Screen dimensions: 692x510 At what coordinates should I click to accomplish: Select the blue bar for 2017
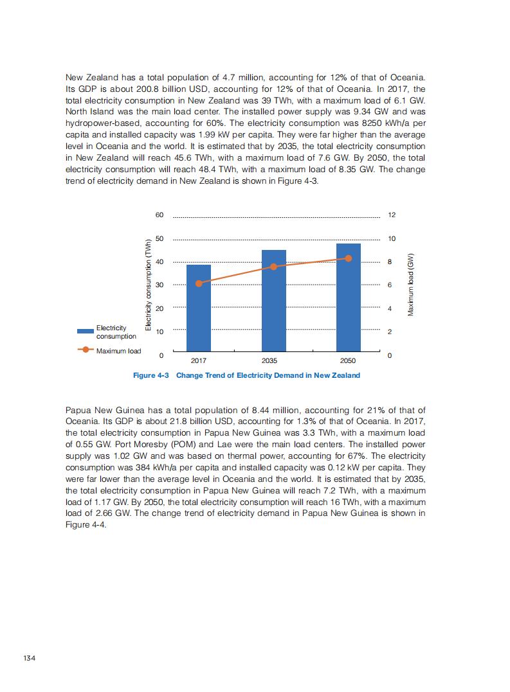[198, 308]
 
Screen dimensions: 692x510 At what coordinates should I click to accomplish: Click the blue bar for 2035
[273, 302]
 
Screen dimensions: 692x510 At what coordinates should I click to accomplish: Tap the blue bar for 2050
[349, 299]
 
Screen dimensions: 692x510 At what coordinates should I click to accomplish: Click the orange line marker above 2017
[199, 283]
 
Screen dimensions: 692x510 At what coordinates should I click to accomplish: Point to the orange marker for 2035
[273, 267]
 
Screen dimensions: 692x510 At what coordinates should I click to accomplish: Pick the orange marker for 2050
[349, 258]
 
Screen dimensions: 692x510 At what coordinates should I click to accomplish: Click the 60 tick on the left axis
[159, 215]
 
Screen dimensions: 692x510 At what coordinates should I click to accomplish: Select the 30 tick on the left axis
[159, 285]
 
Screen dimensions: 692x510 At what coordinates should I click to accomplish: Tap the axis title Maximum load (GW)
[410, 284]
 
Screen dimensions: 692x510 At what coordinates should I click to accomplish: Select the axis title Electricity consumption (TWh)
[149, 285]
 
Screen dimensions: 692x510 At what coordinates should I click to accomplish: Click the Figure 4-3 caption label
[150, 375]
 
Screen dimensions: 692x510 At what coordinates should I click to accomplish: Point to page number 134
[28, 658]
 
